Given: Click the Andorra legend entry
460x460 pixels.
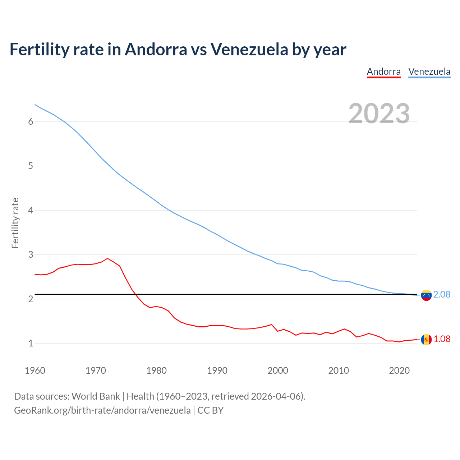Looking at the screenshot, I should coord(383,72).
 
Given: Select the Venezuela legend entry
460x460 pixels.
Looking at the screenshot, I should coord(429,72).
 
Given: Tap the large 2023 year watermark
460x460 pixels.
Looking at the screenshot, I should coord(379,114).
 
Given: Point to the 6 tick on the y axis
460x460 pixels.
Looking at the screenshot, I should coord(31,121).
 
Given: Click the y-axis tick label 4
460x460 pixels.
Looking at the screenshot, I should coord(31,210).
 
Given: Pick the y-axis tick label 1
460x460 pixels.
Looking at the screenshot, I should coord(31,343).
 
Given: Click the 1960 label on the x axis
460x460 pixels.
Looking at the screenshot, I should coord(35,371).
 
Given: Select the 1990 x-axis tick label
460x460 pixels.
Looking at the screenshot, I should coord(217,371).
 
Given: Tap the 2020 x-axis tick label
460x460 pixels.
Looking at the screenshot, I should coord(399,371).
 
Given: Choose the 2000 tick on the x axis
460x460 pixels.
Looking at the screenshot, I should coord(278,371).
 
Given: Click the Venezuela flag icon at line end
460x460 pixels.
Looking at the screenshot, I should coord(426,295).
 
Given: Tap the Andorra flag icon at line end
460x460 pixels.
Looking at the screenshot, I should coord(426,339).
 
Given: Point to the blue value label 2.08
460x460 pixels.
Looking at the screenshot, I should coord(442,294).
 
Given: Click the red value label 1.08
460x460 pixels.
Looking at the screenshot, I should coord(442,339).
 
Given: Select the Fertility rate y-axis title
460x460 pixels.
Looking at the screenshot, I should coord(15,223).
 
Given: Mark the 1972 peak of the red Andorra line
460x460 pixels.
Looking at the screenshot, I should coord(107,258).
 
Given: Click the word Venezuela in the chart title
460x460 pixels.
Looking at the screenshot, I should coord(249,49).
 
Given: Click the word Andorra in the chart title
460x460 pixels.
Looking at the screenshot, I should coord(156,49).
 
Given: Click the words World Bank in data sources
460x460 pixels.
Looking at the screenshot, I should coord(96,396).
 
